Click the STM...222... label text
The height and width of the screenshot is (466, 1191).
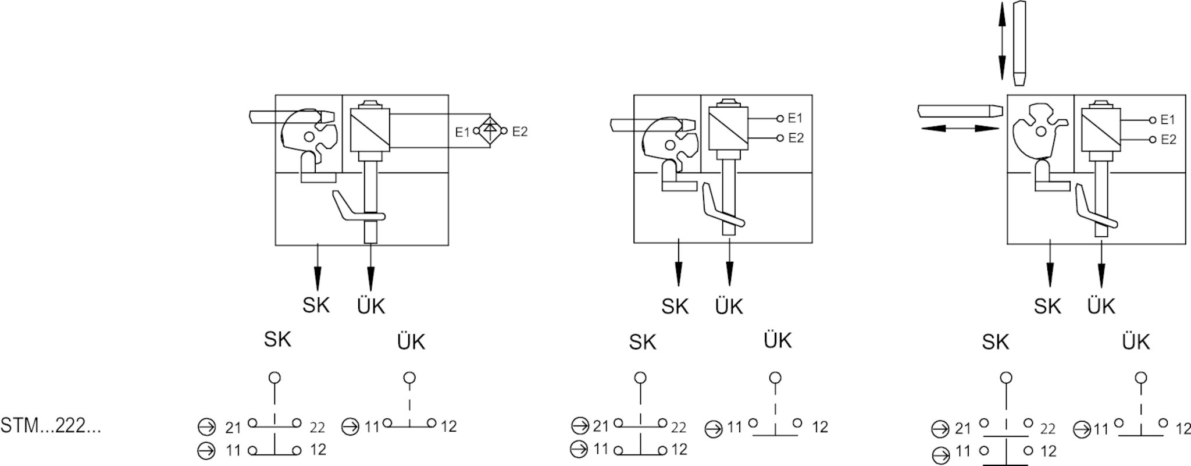coord(51,426)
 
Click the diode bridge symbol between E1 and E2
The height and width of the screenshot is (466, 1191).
coord(490,131)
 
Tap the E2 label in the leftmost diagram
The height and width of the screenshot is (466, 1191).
coord(519,131)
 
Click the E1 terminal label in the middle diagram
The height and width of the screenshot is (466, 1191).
coord(795,118)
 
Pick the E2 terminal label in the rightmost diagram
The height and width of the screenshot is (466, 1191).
coord(1168,140)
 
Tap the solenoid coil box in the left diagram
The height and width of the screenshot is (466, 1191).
coord(370,130)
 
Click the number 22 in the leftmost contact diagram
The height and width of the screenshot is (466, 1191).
coord(316,428)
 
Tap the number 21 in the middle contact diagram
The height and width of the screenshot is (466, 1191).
coord(600,426)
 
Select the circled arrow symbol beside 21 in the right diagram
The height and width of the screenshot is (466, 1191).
coord(940,430)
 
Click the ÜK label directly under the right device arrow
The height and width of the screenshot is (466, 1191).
coord(1101,306)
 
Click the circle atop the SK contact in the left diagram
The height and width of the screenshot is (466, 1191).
coord(274,378)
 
